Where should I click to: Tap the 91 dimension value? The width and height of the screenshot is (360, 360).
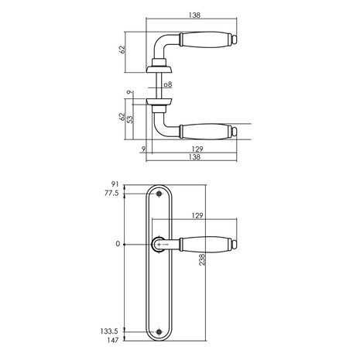coord(116,184)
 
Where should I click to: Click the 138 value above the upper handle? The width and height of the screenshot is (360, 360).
coord(194,15)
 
